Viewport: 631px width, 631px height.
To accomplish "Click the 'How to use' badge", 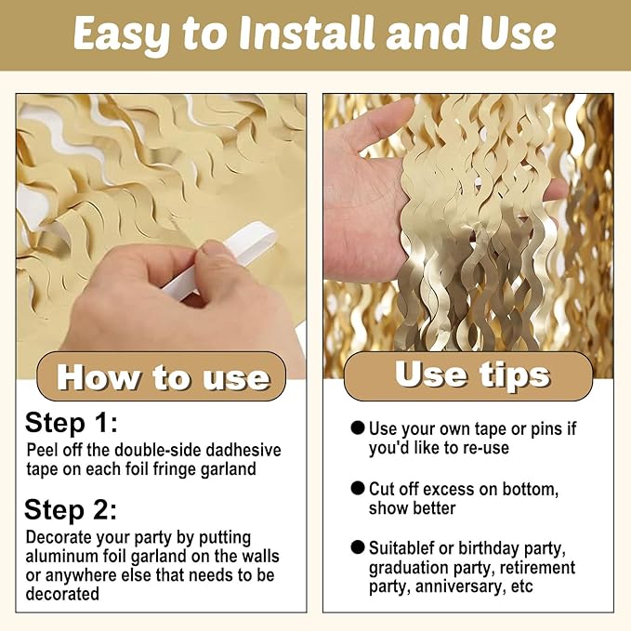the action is [x=162, y=376].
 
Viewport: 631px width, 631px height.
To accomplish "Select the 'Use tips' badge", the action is [x=468, y=375].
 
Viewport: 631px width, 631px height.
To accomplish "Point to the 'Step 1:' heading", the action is [x=72, y=423].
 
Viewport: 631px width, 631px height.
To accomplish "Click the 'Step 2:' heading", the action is [x=71, y=509].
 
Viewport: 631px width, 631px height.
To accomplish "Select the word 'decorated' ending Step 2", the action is [x=62, y=594].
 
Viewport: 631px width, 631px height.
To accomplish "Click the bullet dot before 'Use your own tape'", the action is [x=358, y=427].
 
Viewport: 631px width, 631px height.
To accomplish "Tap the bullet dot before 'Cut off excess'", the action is [x=358, y=488].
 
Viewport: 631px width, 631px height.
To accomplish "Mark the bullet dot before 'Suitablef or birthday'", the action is [x=358, y=547].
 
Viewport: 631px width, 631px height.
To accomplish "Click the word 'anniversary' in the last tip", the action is [x=460, y=586].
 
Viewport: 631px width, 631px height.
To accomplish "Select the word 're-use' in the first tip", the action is [x=486, y=448].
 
